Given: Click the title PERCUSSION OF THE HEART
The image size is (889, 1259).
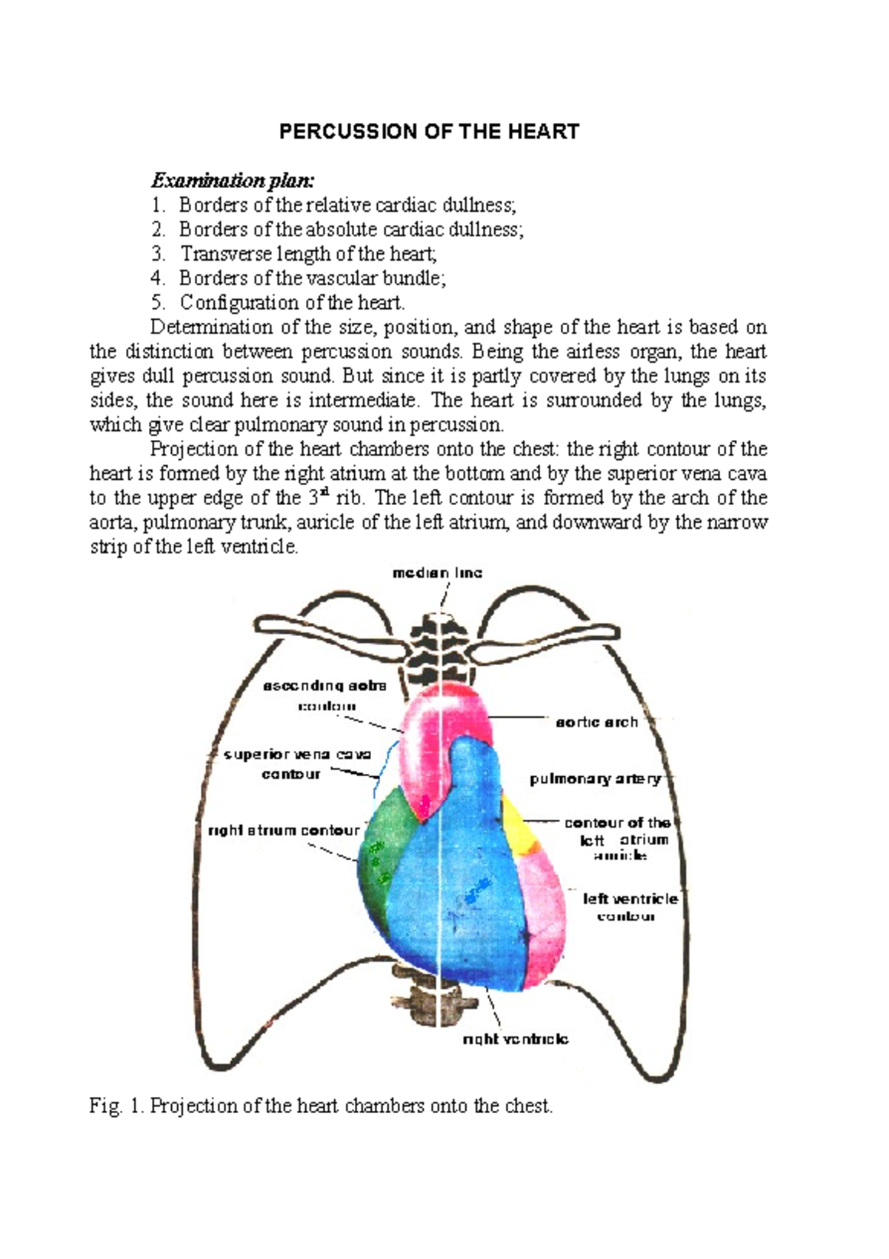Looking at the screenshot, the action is (429, 132).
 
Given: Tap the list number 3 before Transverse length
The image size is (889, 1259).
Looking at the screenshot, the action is (157, 254).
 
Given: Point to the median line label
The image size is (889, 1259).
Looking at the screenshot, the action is (437, 572).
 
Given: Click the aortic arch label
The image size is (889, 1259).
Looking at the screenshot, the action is (597, 722).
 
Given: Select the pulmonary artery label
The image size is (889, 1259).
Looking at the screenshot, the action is (595, 779).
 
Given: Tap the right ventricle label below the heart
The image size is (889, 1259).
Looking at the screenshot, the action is (515, 1039).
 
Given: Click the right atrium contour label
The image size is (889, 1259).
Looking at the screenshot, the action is (284, 830).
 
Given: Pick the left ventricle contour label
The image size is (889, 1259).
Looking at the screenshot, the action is (630, 907).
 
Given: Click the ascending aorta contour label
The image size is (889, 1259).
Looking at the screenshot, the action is (325, 695).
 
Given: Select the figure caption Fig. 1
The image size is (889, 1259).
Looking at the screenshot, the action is (321, 1106).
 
